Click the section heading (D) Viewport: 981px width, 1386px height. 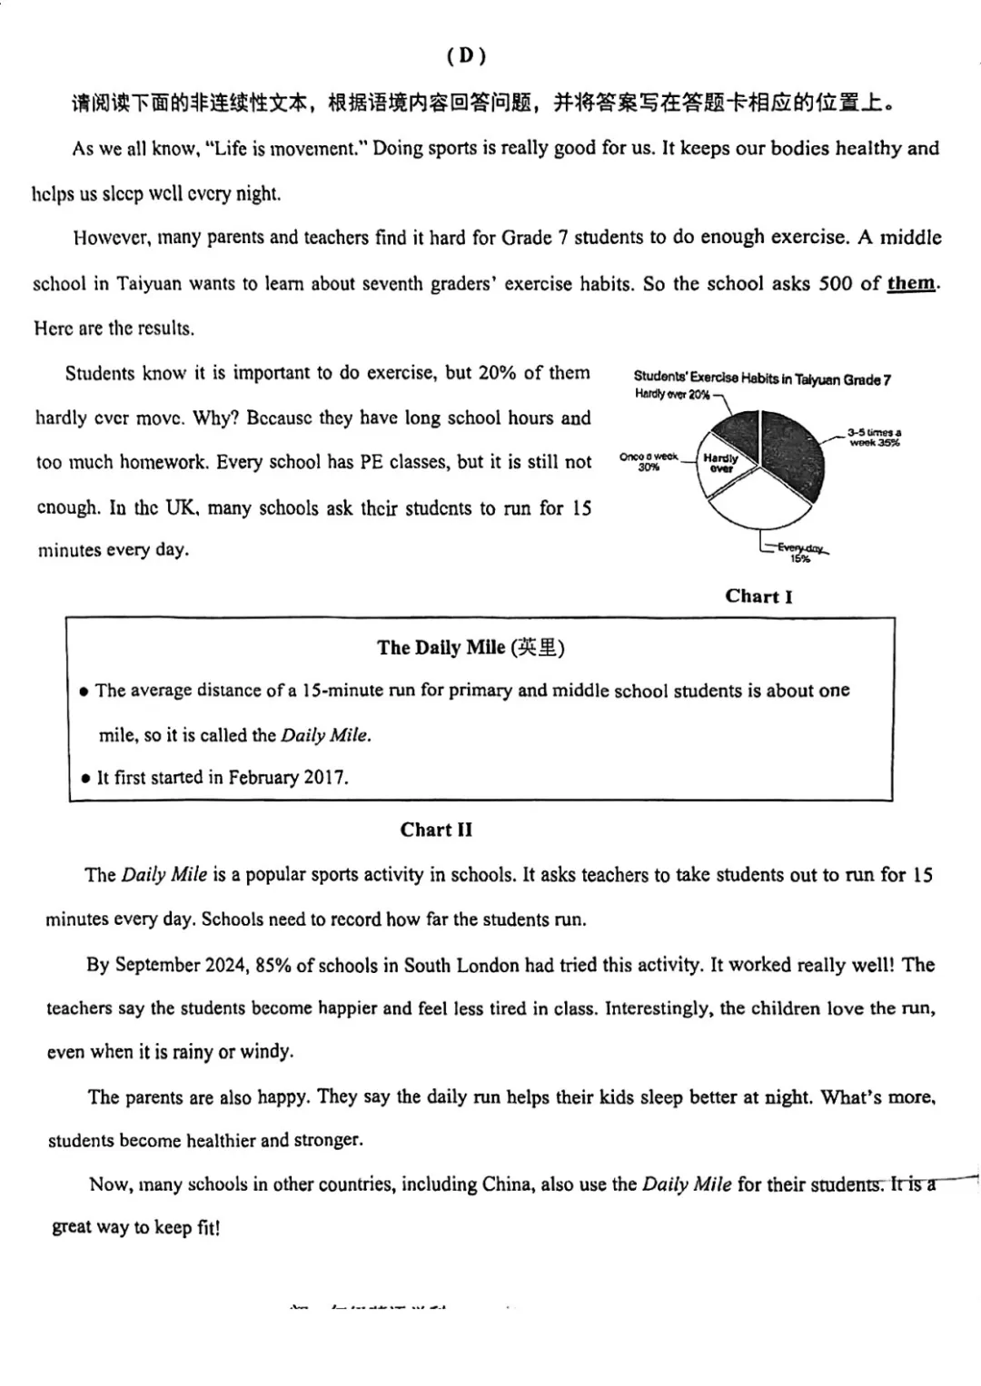click(467, 56)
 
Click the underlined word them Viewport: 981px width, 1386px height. click(911, 283)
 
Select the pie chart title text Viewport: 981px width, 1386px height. click(761, 379)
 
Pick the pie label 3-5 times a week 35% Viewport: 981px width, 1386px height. click(874, 437)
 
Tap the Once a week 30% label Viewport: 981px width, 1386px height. click(649, 461)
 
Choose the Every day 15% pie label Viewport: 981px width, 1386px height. click(800, 553)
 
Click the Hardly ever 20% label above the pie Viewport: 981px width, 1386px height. click(672, 395)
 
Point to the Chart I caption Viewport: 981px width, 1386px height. click(758, 596)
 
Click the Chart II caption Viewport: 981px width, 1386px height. click(436, 830)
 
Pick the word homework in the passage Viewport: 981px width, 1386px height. click(163, 462)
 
